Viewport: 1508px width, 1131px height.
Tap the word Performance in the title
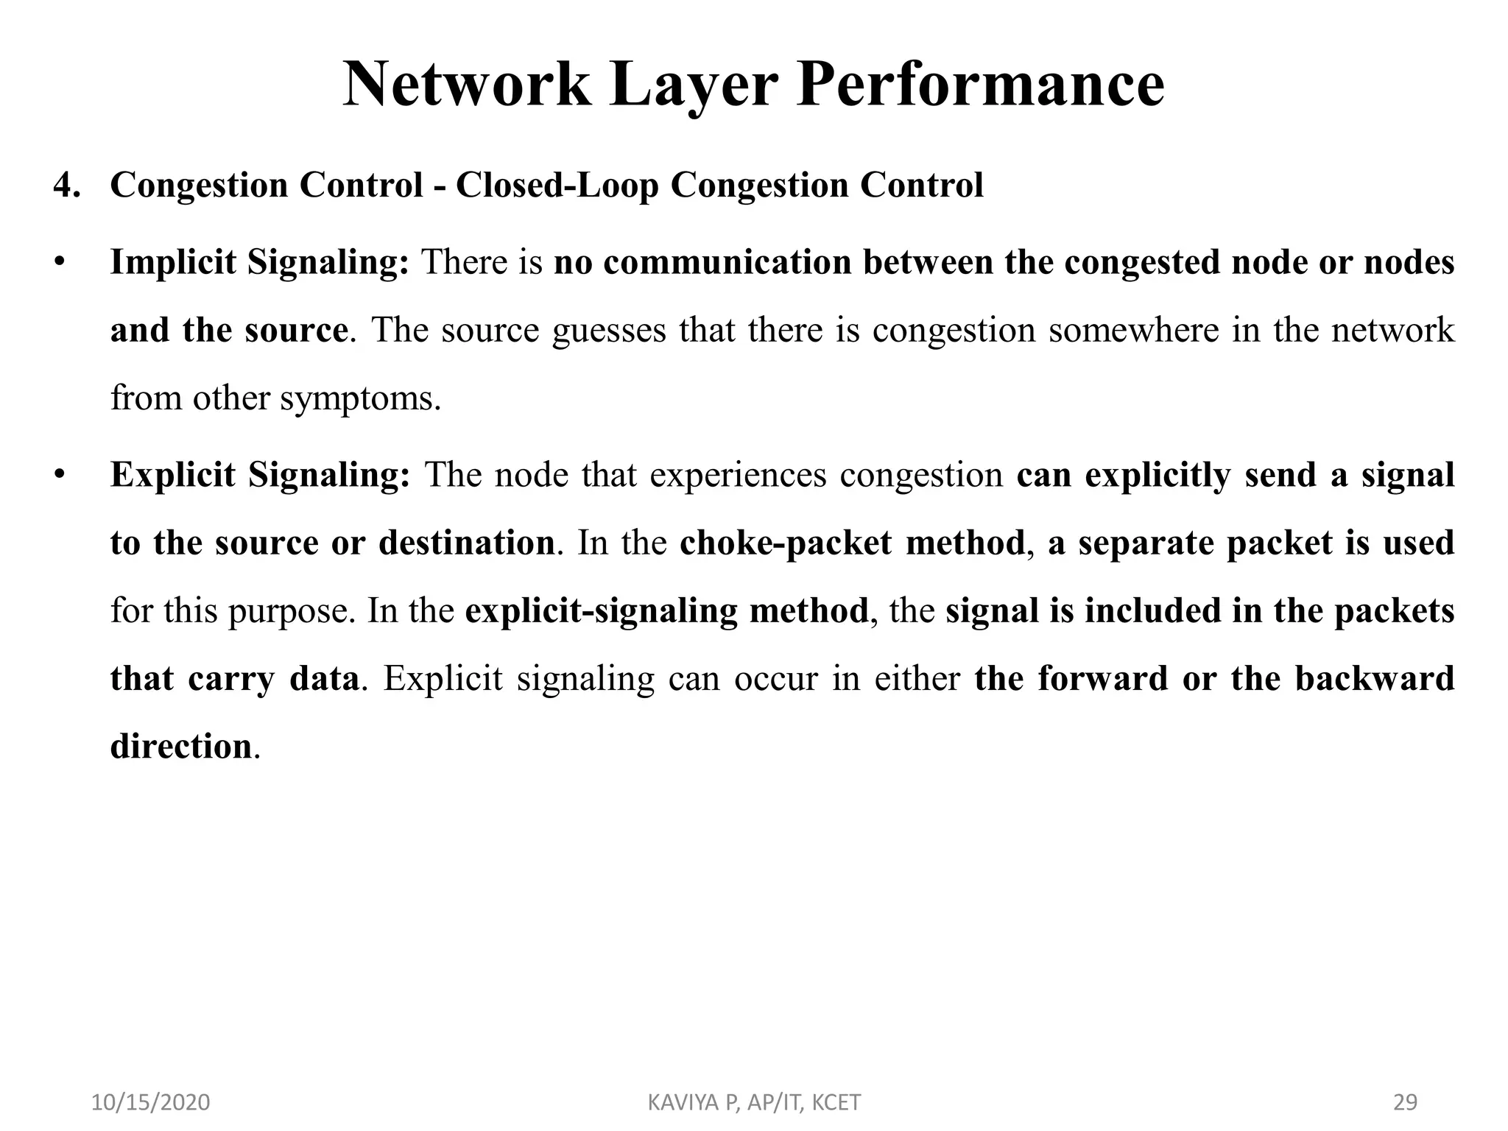click(980, 85)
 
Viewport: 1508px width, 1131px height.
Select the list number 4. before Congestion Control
click(67, 185)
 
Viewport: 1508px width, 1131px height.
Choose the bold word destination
click(466, 543)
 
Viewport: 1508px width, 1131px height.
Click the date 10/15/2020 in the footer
click(150, 1102)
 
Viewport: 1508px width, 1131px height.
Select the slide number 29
click(1406, 1102)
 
